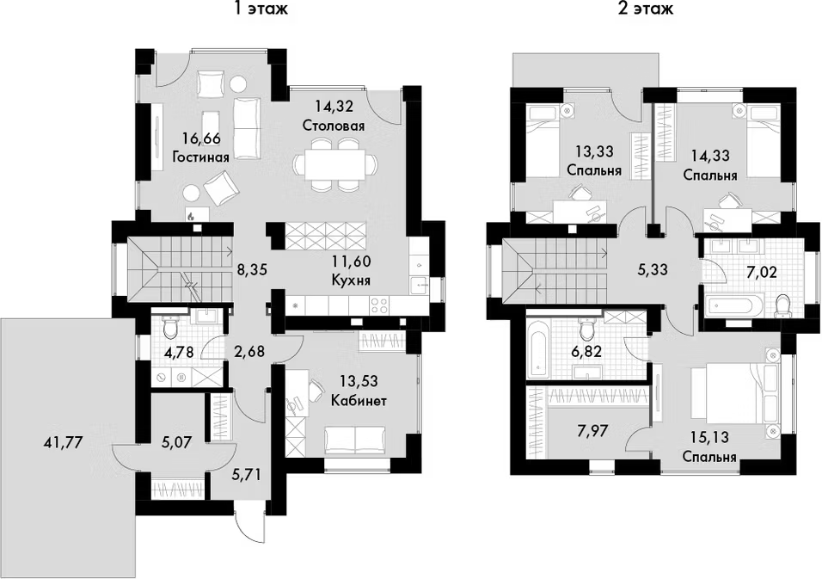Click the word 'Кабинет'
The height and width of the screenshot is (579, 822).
[x=358, y=401]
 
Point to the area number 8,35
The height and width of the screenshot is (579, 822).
[x=251, y=269]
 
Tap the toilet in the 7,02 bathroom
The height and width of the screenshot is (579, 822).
[x=782, y=305]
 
